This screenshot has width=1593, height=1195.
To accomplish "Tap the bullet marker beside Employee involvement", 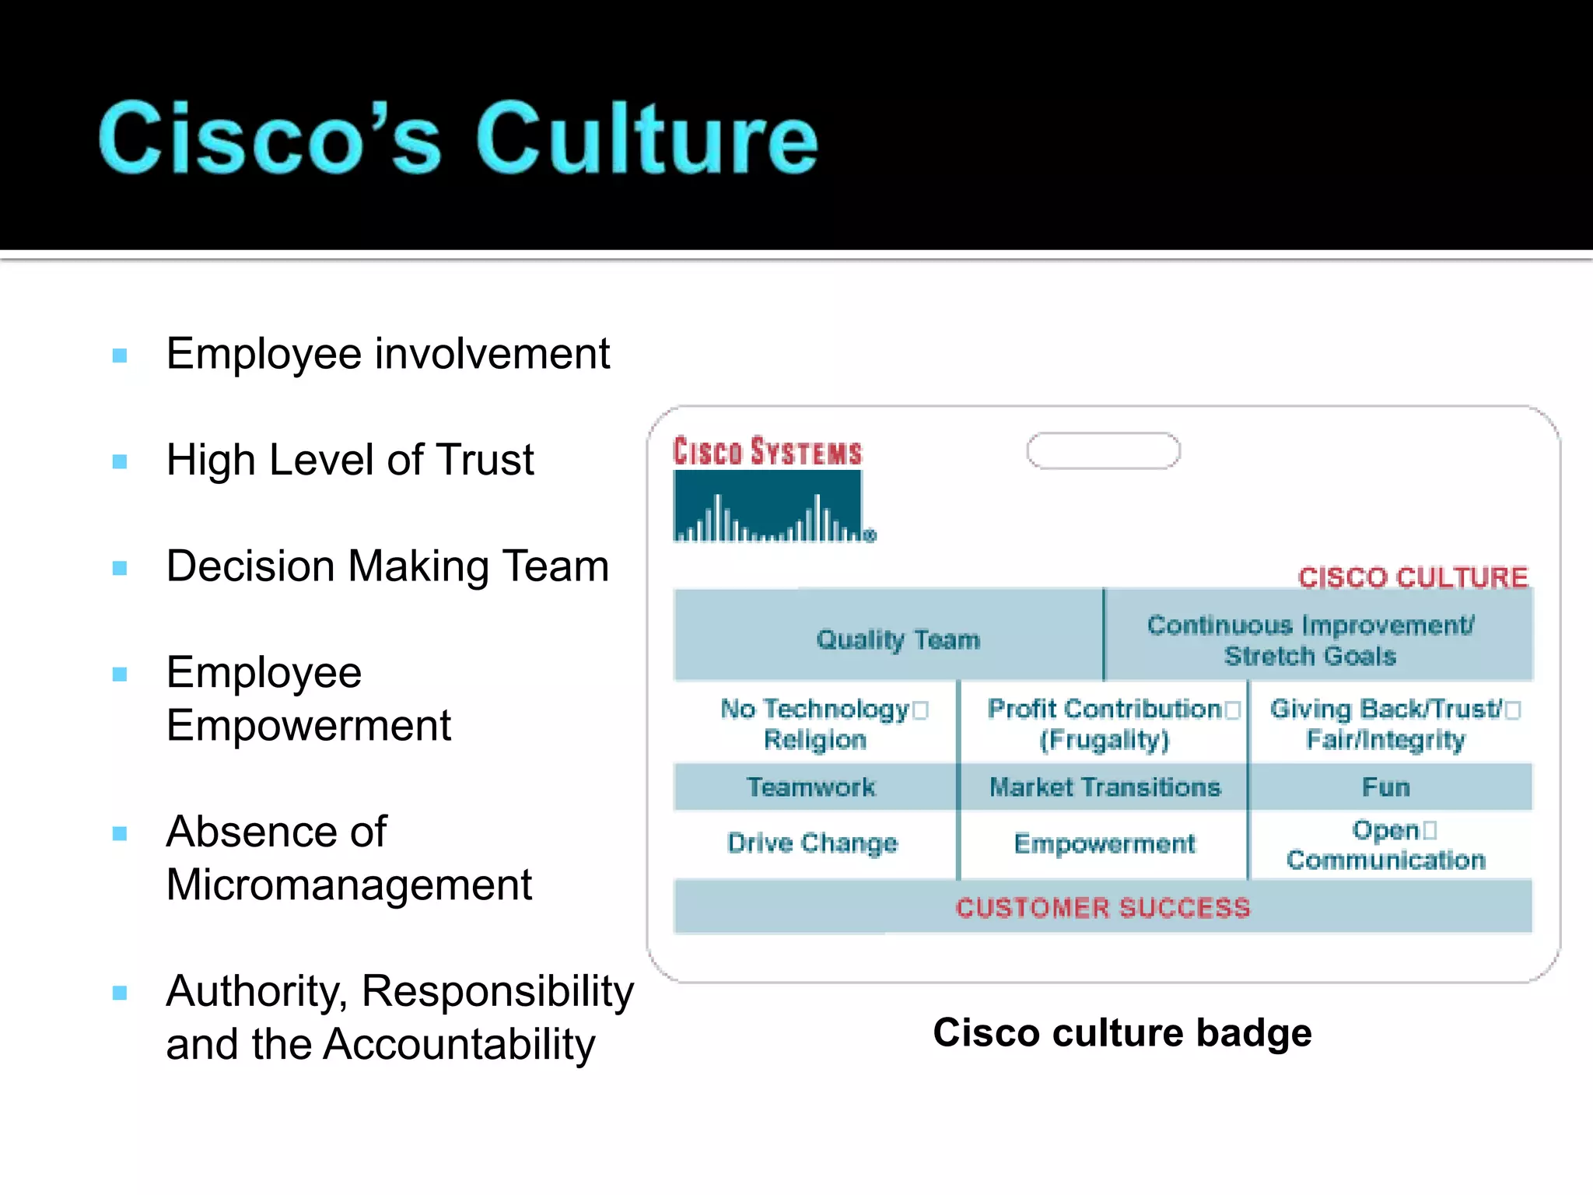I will (x=120, y=356).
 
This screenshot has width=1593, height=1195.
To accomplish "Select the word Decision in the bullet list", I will (x=250, y=566).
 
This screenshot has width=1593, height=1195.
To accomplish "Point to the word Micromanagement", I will (x=349, y=885).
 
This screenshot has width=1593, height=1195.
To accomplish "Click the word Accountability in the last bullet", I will (x=459, y=1044).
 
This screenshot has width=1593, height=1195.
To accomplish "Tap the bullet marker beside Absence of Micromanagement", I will (x=120, y=834).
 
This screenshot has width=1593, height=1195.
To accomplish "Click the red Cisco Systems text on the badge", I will (x=768, y=452).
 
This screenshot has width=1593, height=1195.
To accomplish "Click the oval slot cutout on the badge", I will (x=1103, y=451).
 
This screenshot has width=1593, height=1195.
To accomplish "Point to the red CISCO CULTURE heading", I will (x=1413, y=577).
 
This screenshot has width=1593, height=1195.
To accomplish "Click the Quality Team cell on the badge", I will (x=898, y=640).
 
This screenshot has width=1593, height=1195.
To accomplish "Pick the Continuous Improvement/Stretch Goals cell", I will (x=1311, y=640).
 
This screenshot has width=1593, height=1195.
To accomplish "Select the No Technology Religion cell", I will (x=815, y=724).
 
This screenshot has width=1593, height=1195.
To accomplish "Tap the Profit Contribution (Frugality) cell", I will (x=1105, y=724).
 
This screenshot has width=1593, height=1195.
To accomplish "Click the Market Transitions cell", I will (x=1105, y=787).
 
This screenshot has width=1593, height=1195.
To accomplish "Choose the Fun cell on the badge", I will (x=1386, y=787).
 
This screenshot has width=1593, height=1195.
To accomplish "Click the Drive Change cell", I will (x=813, y=843).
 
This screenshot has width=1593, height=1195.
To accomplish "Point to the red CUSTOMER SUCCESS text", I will (x=1103, y=908).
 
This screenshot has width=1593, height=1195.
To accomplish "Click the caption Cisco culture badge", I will (x=1122, y=1033).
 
